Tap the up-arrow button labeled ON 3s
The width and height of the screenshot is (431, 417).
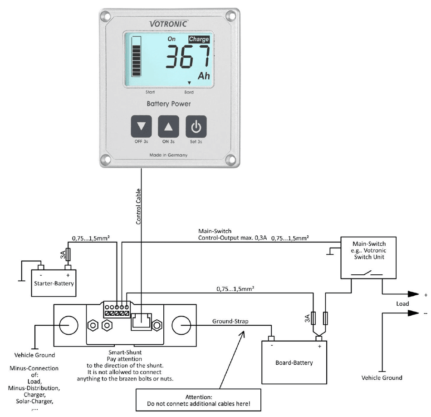(x=168, y=127)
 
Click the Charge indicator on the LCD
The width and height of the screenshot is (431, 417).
(x=199, y=40)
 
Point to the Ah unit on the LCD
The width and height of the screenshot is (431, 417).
(x=204, y=75)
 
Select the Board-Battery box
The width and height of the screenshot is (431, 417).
(x=294, y=362)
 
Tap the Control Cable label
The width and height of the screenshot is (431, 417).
(x=139, y=207)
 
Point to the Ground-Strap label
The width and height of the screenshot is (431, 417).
(x=230, y=322)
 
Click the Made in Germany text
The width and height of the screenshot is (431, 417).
(x=168, y=155)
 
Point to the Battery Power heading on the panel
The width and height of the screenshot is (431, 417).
(x=168, y=104)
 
